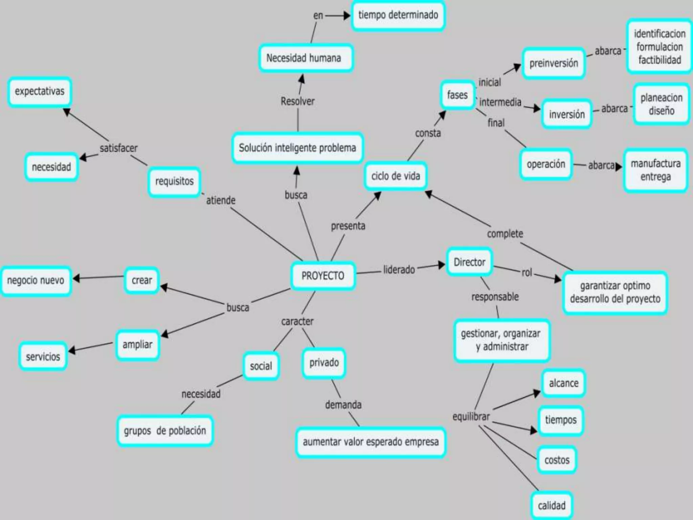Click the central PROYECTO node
[x=323, y=276]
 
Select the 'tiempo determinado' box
[x=398, y=15]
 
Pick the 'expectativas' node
[x=40, y=91]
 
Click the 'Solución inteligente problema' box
[x=297, y=148]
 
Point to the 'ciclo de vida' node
[x=396, y=176]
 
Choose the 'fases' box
[x=457, y=95]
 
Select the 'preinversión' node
[x=554, y=63]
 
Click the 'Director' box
[x=469, y=262]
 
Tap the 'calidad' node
[x=552, y=505]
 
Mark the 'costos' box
[x=557, y=460]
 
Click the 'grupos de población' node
[x=165, y=431]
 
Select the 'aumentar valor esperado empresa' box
[x=371, y=442]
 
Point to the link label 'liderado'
[x=399, y=269]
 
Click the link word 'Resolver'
[x=297, y=101]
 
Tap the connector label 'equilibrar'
[x=471, y=416]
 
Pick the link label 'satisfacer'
[x=118, y=148]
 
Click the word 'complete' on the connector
[x=505, y=234]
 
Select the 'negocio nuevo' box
[x=36, y=280]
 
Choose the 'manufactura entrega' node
[x=655, y=170]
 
